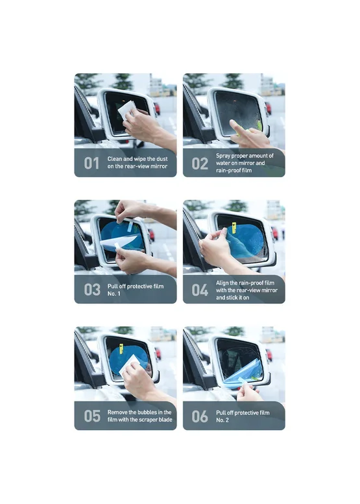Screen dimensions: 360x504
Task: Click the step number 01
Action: pyautogui.click(x=91, y=163)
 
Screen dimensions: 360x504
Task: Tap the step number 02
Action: pyautogui.click(x=200, y=163)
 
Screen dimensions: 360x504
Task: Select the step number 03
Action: pyautogui.click(x=92, y=289)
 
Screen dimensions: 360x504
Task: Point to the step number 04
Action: pyautogui.click(x=200, y=290)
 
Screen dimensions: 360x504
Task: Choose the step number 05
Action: pyautogui.click(x=92, y=416)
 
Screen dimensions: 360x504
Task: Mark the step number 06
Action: pyautogui.click(x=200, y=416)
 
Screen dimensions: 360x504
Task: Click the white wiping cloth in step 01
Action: pyautogui.click(x=127, y=109)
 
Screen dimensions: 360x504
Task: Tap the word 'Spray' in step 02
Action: pyautogui.click(x=223, y=156)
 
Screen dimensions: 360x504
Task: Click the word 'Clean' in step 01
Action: pyautogui.click(x=115, y=159)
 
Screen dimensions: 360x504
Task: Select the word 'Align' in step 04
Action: pyautogui.click(x=222, y=283)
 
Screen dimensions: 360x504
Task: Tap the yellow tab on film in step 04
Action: pyautogui.click(x=234, y=228)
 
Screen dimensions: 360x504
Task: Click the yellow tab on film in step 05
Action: pyautogui.click(x=121, y=349)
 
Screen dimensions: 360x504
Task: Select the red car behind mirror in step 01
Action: pyautogui.click(x=157, y=108)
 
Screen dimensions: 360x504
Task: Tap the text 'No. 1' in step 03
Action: pyautogui.click(x=114, y=293)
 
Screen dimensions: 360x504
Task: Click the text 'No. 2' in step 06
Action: pyautogui.click(x=222, y=420)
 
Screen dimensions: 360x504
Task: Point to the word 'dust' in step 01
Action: pyautogui.click(x=162, y=159)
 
